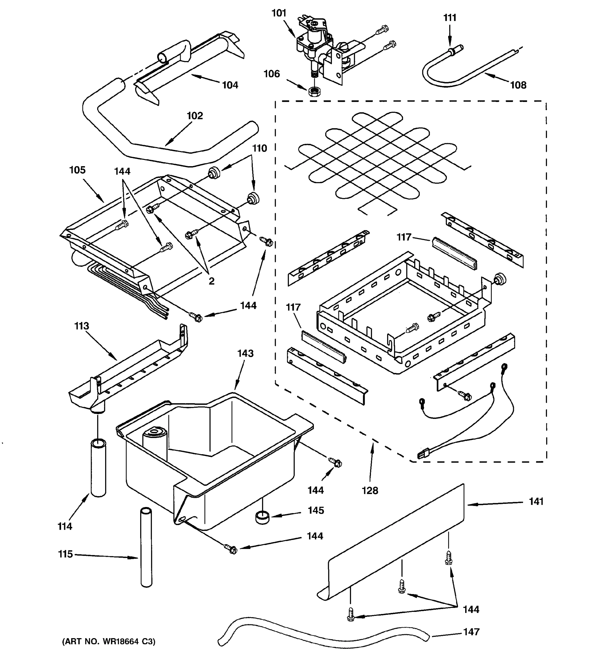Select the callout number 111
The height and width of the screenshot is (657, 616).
[x=450, y=18]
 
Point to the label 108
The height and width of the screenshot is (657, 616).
[x=518, y=85]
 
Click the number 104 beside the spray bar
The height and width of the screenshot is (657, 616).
[x=230, y=85]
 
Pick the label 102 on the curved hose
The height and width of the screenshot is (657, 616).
[x=195, y=116]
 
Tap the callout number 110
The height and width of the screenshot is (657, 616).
[x=260, y=148]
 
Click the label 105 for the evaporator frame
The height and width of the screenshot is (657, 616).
[x=77, y=170]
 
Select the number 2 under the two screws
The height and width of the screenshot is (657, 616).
[x=211, y=281]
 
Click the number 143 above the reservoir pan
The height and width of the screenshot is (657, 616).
[x=245, y=353]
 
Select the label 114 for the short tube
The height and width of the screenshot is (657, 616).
[x=65, y=526]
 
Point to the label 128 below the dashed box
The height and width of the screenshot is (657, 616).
[x=370, y=491]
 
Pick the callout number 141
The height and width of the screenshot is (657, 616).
[x=536, y=502]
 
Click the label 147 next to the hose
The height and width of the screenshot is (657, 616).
[x=471, y=632]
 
